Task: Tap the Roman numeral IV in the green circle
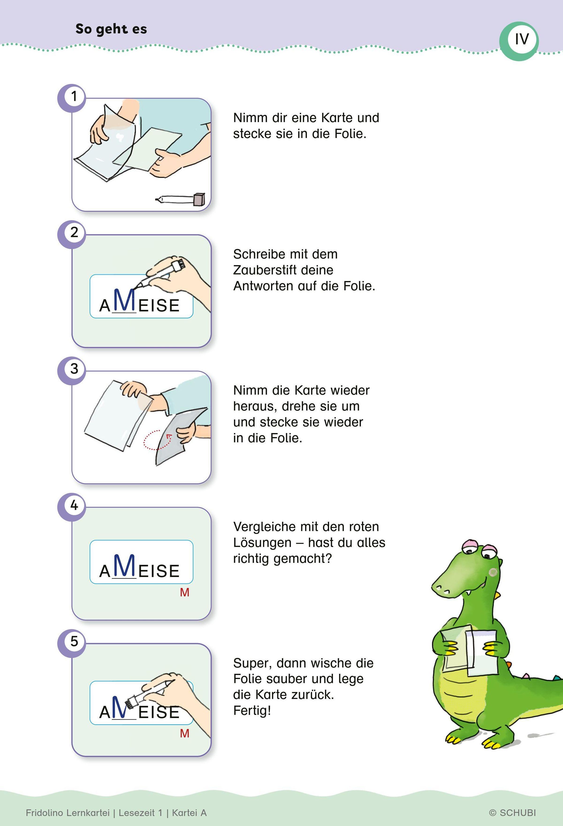[522, 39]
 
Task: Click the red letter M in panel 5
[185, 733]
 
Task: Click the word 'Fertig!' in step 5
[252, 711]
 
